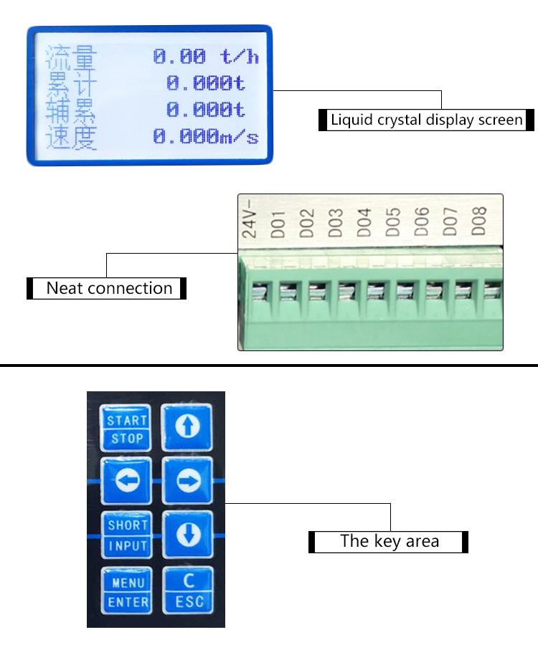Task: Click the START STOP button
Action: pyautogui.click(x=127, y=429)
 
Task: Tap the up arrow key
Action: pyautogui.click(x=188, y=428)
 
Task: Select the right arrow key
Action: pyautogui.click(x=188, y=482)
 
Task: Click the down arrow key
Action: pyautogui.click(x=188, y=535)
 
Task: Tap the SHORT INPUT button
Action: pyautogui.click(x=127, y=535)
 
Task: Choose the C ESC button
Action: pyautogui.click(x=188, y=590)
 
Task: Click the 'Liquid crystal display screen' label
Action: pyautogui.click(x=426, y=120)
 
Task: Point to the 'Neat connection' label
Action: pyautogui.click(x=109, y=289)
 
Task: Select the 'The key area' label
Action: pyautogui.click(x=389, y=541)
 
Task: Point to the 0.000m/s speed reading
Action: pyautogui.click(x=206, y=136)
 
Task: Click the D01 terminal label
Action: pyautogui.click(x=278, y=224)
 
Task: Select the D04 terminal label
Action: pyautogui.click(x=364, y=224)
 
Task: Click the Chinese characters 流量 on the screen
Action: pyautogui.click(x=71, y=57)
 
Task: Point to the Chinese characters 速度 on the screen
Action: pyautogui.click(x=71, y=136)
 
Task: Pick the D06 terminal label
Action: pyautogui.click(x=421, y=224)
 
